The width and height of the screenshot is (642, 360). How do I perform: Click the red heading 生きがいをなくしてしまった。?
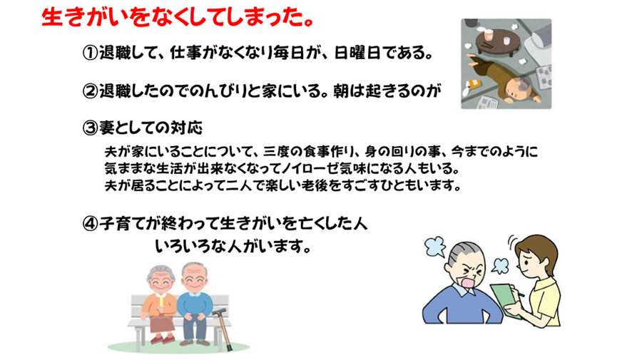coord(178,19)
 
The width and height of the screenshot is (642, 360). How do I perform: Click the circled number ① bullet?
coord(90,53)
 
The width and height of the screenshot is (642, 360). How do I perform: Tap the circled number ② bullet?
coord(90,91)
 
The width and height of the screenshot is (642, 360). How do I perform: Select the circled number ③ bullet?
coord(90,128)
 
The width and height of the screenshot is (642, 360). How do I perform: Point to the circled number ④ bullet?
coord(90,224)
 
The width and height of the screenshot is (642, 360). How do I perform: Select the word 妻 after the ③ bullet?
coord(107,128)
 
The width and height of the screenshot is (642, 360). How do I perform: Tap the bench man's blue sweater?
coord(195,305)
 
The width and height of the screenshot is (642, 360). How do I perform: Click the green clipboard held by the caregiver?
coord(506,299)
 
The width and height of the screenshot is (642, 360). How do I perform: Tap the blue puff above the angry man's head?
coord(435,246)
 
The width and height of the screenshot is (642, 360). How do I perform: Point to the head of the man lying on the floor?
coord(516,89)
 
